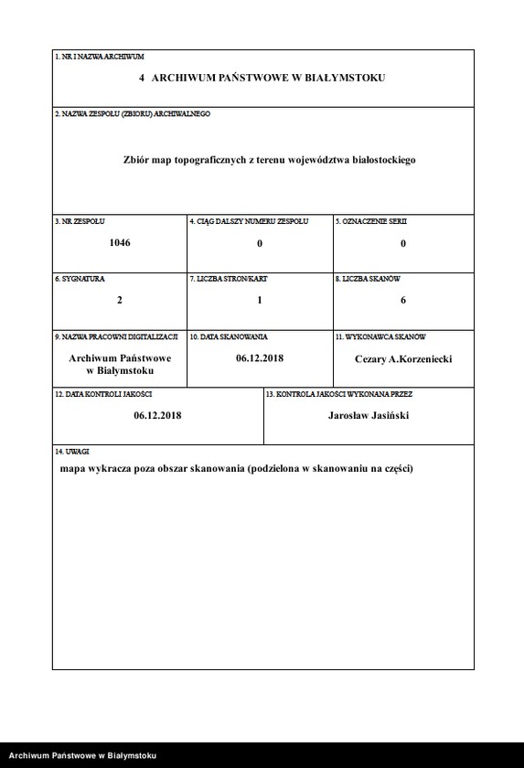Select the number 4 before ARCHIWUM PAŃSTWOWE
[142, 79]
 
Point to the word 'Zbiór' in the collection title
[138, 159]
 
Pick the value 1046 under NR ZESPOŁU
[120, 243]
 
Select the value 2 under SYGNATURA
[120, 300]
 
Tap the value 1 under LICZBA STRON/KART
[260, 300]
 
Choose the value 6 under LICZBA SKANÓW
[403, 300]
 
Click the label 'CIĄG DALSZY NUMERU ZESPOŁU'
[249, 221]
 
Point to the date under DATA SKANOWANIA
[260, 358]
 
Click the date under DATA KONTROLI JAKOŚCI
[157, 415]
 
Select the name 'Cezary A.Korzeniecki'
[403, 358]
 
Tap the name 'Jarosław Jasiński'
[369, 415]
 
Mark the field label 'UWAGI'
[66, 452]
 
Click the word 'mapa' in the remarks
[74, 469]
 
